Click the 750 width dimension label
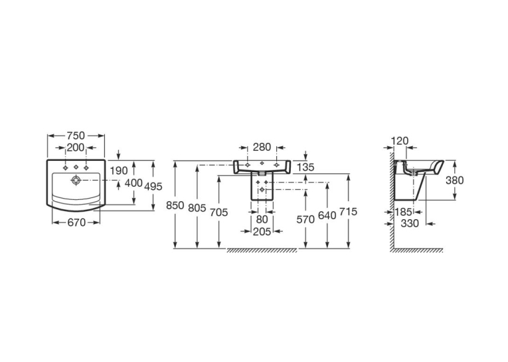pos(76,136)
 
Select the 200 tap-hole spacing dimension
pos(76,147)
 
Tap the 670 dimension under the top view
pos(76,223)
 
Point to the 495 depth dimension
pos(153,187)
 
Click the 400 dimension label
pos(133,183)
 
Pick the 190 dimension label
pos(119,171)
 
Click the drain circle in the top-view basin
pos(76,180)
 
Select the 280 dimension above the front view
pos(262,147)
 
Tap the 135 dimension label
pos(305,167)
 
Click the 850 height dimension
pos(175,205)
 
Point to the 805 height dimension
pos(197,208)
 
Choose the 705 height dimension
pos(219,213)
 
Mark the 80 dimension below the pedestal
pos(262,219)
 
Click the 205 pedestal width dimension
pos(262,231)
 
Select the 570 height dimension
pos(305,219)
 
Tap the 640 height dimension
pos(327,215)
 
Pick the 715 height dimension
pos(348,211)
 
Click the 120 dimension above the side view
pos(400,141)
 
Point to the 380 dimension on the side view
pos(455,180)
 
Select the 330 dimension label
pos(410,223)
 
